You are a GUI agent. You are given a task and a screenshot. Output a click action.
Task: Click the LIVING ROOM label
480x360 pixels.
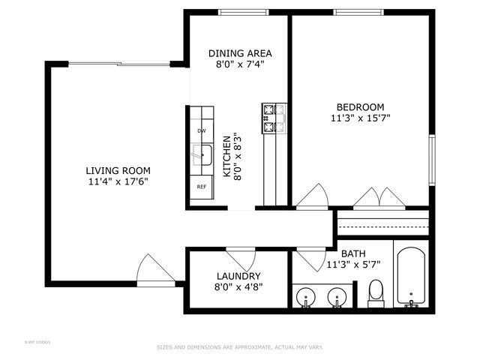coord(117,169)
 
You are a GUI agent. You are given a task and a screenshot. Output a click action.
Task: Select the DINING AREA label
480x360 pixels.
coord(239,53)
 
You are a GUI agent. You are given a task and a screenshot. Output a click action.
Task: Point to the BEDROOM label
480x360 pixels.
coord(360,106)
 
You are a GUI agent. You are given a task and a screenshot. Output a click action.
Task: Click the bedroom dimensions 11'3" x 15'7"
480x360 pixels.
coord(360,118)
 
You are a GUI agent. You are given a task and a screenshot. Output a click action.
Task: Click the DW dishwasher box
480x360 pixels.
coord(201,131)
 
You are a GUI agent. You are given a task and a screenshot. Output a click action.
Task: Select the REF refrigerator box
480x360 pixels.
coord(201,187)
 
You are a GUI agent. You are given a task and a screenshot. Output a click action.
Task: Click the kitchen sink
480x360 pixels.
coord(201,156)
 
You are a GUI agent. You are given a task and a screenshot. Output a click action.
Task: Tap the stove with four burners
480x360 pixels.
coord(274,118)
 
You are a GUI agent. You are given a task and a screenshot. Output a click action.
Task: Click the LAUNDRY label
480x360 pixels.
coord(238,276)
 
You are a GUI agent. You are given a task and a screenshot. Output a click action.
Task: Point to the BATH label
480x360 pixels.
coord(353,254)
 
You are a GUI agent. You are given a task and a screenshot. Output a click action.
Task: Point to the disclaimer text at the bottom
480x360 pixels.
coord(239,347)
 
